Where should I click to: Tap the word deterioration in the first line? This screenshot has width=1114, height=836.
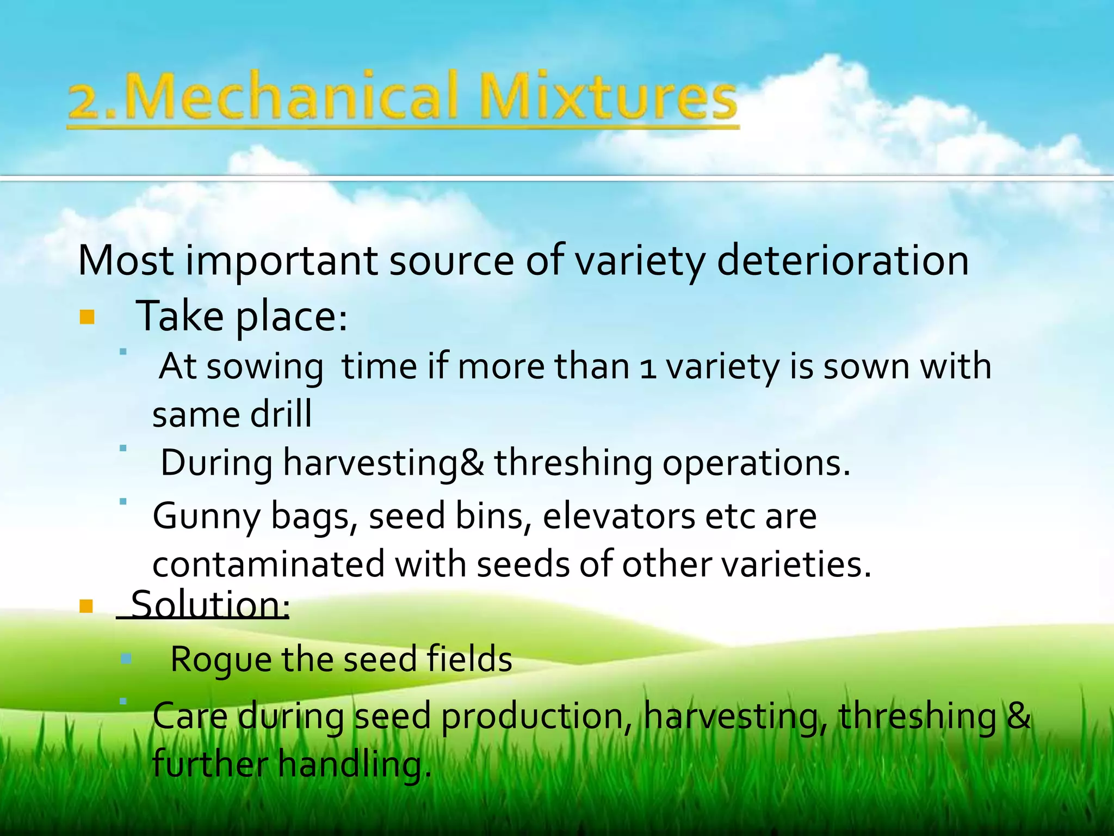[843, 260]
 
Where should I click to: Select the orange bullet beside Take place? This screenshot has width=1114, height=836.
[87, 317]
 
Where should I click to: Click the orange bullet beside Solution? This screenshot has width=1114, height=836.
[86, 606]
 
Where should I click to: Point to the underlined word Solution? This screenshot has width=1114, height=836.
[210, 604]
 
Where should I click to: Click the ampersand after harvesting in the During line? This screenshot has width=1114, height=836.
[472, 462]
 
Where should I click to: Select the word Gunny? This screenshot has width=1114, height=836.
[207, 516]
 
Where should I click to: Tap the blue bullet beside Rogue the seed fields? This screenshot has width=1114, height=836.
[126, 659]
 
